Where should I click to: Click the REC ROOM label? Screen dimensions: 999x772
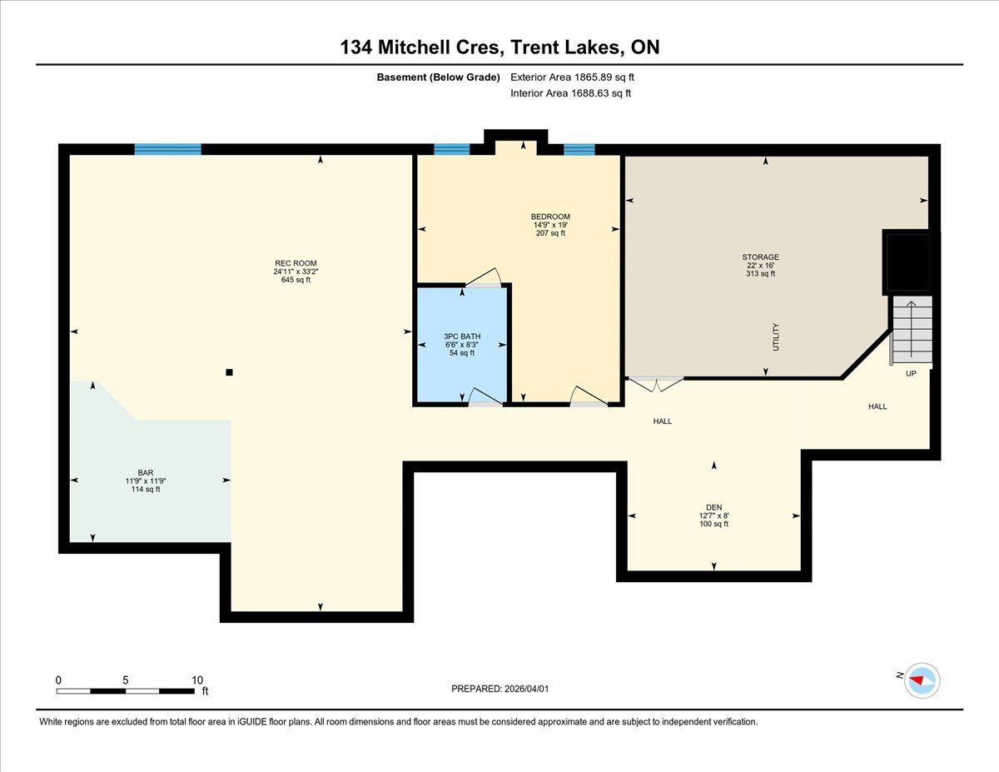296,263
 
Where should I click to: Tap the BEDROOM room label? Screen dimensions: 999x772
550,217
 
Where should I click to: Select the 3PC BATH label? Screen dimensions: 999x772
462,336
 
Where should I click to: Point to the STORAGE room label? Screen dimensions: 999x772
760,257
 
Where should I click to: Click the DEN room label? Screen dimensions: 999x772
713,507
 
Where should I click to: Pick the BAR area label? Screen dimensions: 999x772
146,473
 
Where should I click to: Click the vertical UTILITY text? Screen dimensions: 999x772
776,337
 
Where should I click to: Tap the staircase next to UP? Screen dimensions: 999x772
912,330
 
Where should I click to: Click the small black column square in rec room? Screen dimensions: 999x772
230,372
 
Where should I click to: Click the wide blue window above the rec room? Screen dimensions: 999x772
168,149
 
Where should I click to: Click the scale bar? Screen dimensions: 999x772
126,691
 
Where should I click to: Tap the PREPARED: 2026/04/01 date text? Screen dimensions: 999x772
499,689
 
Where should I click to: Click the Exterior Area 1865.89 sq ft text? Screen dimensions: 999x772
572,77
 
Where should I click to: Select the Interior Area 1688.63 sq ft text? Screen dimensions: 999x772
570,93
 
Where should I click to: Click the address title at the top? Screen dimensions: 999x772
499,47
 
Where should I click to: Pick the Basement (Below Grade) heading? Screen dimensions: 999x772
438,77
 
